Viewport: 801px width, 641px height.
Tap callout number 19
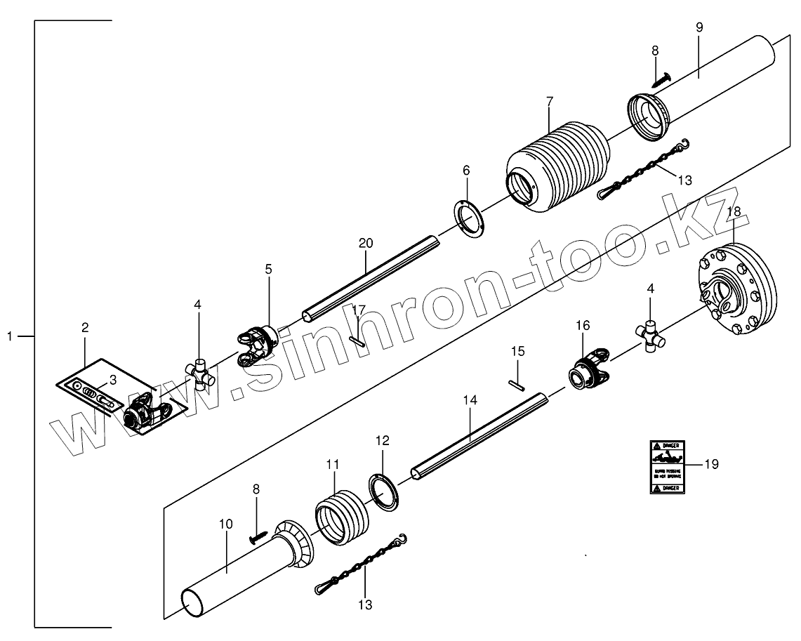(x=710, y=465)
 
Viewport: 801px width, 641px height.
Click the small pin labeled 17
(x=357, y=341)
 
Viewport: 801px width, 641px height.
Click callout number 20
(x=365, y=243)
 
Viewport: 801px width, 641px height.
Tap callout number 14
(x=470, y=400)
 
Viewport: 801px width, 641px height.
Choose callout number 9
(x=699, y=27)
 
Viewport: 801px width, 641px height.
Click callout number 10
(x=225, y=524)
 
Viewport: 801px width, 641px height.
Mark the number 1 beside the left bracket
(x=10, y=337)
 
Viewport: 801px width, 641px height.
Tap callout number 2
(x=85, y=327)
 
